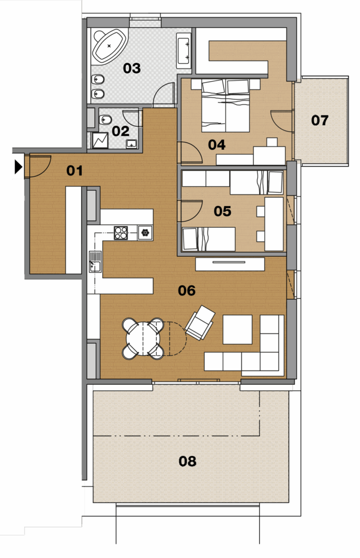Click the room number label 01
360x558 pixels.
click(x=75, y=171)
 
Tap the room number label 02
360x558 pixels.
click(x=120, y=131)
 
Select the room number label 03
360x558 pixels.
click(x=132, y=68)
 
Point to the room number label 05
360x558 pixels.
click(x=222, y=211)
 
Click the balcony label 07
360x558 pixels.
click(x=320, y=120)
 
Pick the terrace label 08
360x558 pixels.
click(x=187, y=461)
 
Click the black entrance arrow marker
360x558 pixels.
click(x=19, y=167)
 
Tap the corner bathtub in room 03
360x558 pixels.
click(x=109, y=46)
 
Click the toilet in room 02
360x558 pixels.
click(x=105, y=119)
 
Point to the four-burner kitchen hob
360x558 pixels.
click(x=120, y=233)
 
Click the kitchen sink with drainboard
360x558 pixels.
click(x=95, y=262)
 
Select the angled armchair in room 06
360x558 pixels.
click(x=200, y=323)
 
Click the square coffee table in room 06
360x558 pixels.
click(x=237, y=330)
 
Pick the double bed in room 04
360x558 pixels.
click(x=225, y=106)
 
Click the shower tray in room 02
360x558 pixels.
click(x=100, y=141)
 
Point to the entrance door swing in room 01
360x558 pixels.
click(x=38, y=166)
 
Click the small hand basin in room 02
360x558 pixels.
click(x=132, y=144)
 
